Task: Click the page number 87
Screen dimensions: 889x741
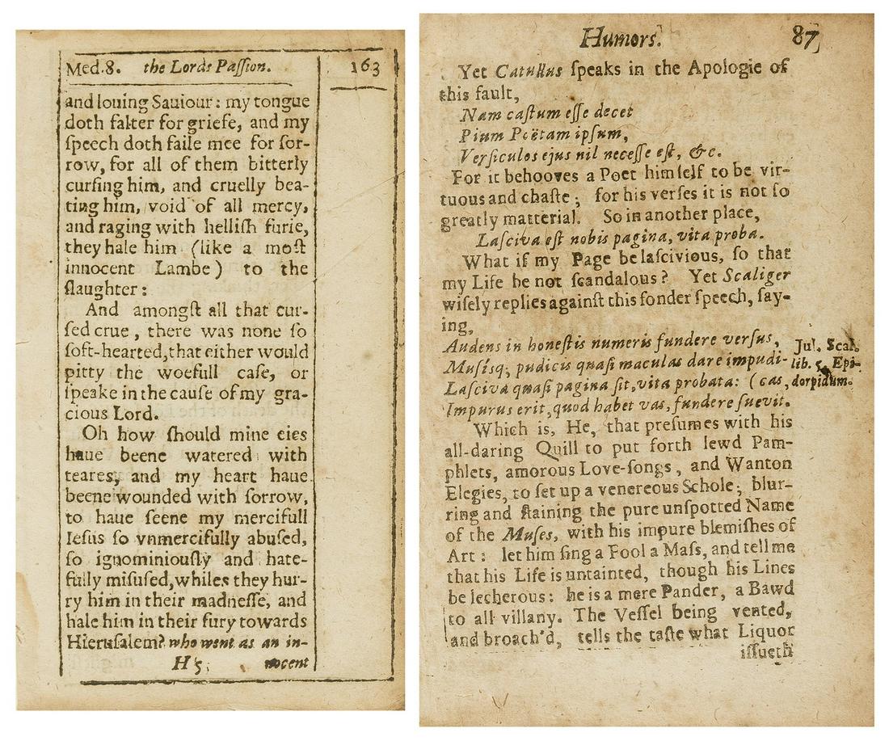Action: point(804,36)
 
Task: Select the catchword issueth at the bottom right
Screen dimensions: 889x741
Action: point(765,651)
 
